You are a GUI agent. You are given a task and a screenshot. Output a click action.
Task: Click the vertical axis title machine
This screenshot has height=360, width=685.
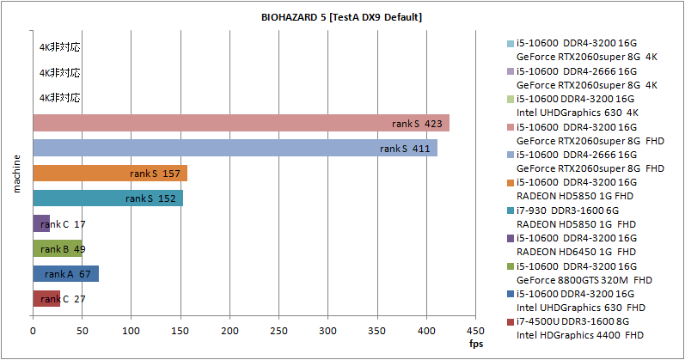coord(16,173)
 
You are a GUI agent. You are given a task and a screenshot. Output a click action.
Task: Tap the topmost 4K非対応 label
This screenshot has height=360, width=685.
coord(59,49)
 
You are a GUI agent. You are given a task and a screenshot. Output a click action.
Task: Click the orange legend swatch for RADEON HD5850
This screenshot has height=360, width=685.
coord(510,182)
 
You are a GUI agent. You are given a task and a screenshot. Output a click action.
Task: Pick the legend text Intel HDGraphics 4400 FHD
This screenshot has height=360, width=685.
coord(579,334)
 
